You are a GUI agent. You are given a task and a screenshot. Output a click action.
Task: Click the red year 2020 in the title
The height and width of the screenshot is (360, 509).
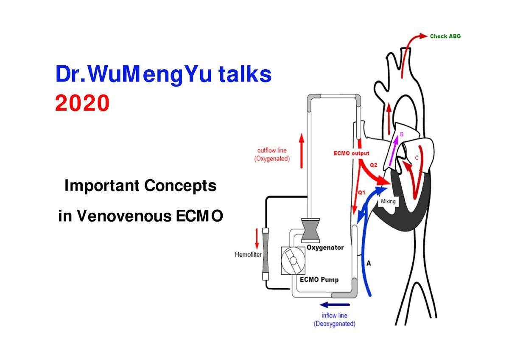(82, 103)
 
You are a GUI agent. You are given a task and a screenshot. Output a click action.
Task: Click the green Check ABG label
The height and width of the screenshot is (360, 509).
(445, 36)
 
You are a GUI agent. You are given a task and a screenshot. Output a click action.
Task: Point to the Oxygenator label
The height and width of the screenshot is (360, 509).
(325, 247)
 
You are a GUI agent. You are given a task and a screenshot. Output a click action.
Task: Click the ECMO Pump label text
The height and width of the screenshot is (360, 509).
(319, 280)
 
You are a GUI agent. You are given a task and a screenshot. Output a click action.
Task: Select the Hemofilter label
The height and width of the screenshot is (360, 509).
(248, 255)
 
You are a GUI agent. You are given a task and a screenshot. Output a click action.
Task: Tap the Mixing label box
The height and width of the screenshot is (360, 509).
(388, 201)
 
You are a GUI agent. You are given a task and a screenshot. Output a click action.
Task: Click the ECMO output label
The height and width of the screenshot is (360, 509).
(351, 153)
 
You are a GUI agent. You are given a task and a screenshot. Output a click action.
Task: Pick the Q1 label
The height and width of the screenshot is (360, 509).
(361, 192)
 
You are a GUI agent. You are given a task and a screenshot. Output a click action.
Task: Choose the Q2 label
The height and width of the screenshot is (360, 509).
(374, 165)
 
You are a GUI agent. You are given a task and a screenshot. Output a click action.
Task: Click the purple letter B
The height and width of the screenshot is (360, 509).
(402, 134)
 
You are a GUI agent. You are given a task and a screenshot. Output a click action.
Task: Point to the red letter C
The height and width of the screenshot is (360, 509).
(417, 158)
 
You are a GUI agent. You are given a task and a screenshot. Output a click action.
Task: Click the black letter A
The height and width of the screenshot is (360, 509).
(369, 263)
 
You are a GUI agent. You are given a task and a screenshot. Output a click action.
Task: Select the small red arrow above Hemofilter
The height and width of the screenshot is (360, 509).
(257, 239)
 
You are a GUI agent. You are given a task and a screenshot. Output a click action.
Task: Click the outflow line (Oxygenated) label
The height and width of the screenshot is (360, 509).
(272, 155)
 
